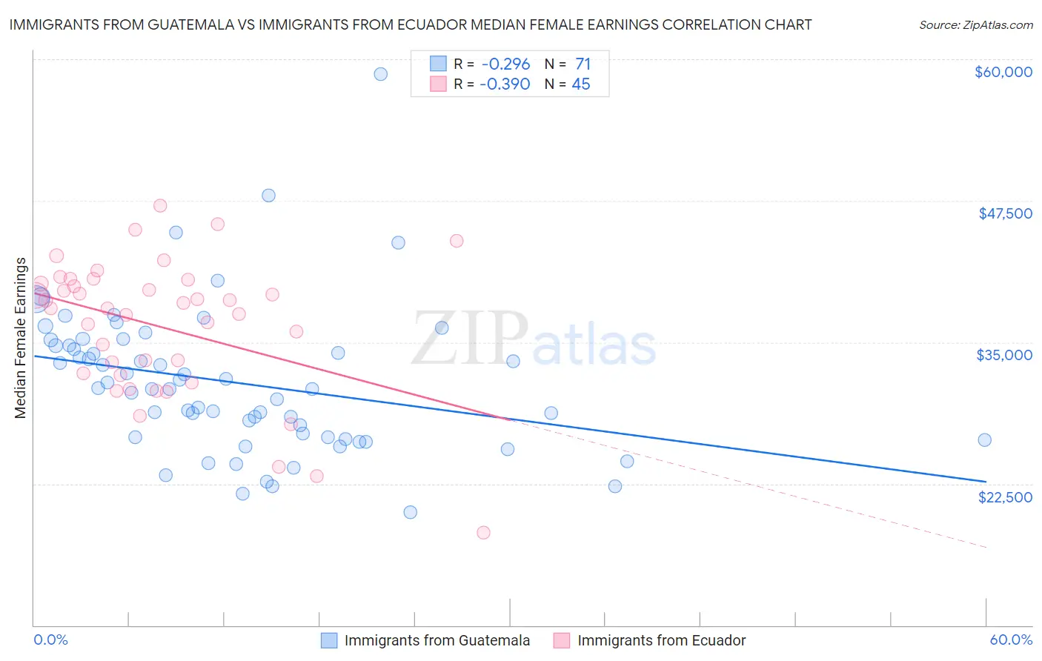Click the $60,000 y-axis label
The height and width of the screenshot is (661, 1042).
[1003, 72]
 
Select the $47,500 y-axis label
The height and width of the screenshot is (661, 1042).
[1005, 213]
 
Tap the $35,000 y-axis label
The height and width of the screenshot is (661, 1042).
[1004, 355]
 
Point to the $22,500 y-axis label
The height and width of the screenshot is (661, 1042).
[1005, 497]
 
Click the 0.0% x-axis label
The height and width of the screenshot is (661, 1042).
[50, 640]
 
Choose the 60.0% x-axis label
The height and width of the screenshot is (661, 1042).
[1011, 640]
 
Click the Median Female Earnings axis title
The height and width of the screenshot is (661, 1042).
[21, 338]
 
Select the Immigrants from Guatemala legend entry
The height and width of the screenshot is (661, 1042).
[437, 640]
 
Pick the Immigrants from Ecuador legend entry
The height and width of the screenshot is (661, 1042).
[661, 640]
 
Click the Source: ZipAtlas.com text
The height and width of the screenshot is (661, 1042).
[975, 25]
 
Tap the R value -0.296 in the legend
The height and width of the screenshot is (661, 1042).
[505, 64]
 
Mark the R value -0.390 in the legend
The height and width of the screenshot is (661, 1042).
[505, 84]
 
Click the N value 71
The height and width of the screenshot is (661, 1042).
[583, 64]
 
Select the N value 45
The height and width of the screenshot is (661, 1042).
[581, 84]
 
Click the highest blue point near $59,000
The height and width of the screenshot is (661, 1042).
[380, 74]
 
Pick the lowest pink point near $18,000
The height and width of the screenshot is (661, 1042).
[483, 532]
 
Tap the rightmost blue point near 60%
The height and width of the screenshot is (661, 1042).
[984, 440]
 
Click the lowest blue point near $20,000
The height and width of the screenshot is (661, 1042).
[410, 512]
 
